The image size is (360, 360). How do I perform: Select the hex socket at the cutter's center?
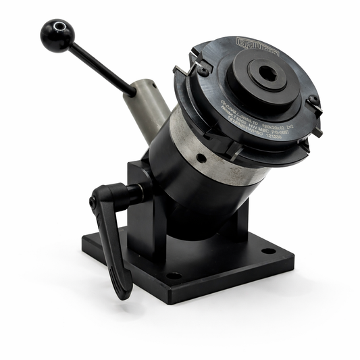tap(268, 74)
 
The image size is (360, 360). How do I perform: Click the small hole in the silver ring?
tap(201, 158)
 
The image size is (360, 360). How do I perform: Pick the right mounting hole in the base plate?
tap(269, 251)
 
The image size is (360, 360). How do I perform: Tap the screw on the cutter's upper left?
tap(201, 69)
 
